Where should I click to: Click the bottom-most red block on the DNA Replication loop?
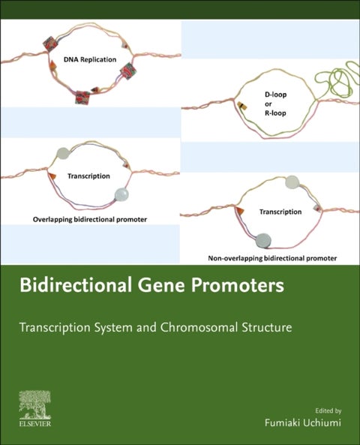click(80, 97)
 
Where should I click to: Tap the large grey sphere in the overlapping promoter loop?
click(121, 197)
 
